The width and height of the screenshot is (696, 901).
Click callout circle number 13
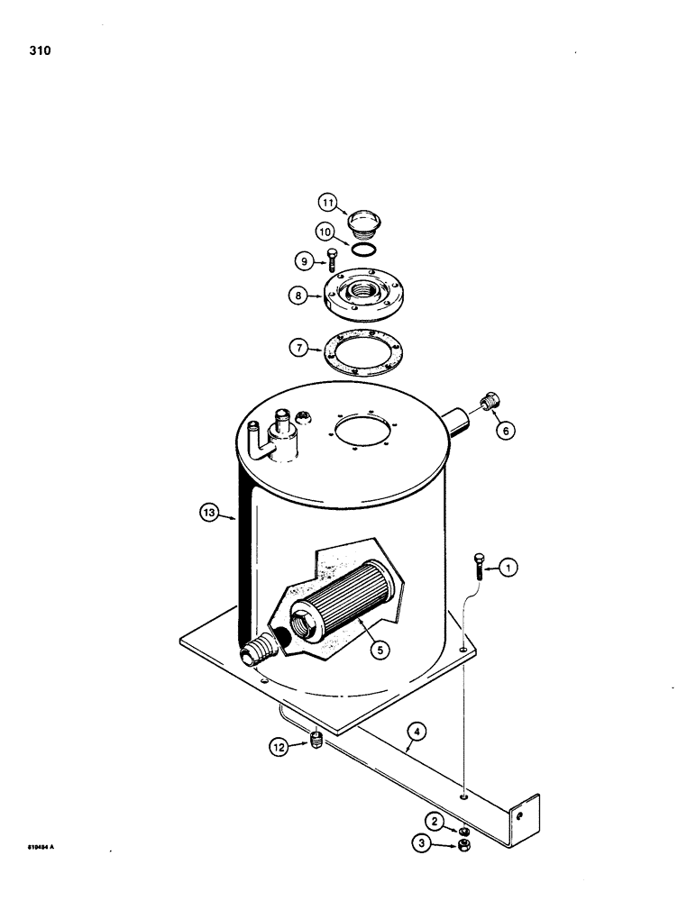click(x=210, y=514)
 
